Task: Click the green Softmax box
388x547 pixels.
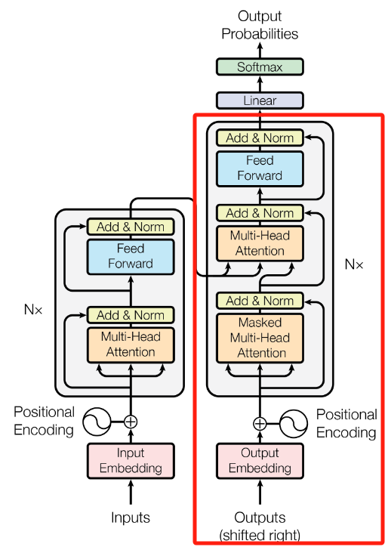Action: pyautogui.click(x=260, y=66)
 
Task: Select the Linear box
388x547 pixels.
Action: pyautogui.click(x=260, y=100)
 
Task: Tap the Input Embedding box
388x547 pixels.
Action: pyautogui.click(x=131, y=460)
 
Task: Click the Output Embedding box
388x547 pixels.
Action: pyautogui.click(x=260, y=460)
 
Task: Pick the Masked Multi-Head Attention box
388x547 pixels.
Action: pyautogui.click(x=260, y=338)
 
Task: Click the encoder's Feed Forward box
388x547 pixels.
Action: pyautogui.click(x=131, y=256)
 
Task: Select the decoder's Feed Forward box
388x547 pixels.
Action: pyautogui.click(x=260, y=168)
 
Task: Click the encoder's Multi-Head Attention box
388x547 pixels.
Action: pyautogui.click(x=131, y=345)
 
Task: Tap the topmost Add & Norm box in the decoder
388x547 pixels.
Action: pyautogui.click(x=260, y=138)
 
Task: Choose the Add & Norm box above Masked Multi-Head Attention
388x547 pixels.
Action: pyautogui.click(x=260, y=301)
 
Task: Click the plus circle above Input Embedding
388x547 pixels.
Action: pyautogui.click(x=131, y=422)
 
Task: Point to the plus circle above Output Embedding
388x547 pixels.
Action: pyautogui.click(x=260, y=424)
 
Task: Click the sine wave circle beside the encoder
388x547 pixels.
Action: pyautogui.click(x=97, y=422)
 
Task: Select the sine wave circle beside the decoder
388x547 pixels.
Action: pyautogui.click(x=294, y=424)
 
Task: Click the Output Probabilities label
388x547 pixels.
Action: pyautogui.click(x=260, y=25)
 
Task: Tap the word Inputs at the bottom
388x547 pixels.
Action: pyautogui.click(x=131, y=518)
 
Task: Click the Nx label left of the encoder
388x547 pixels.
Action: pyautogui.click(x=33, y=310)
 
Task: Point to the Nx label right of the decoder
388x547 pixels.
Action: pyautogui.click(x=354, y=264)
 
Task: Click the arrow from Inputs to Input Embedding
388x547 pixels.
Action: pyautogui.click(x=131, y=492)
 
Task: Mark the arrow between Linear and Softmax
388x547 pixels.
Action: pyautogui.click(x=260, y=84)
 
